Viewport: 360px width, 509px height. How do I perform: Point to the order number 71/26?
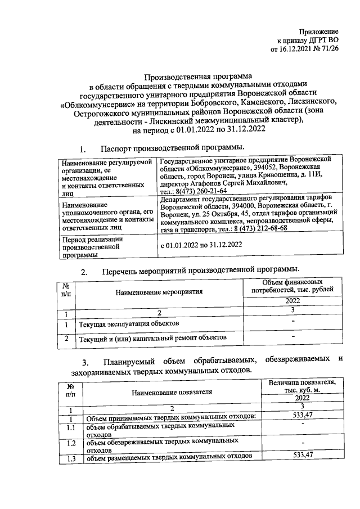pos(329,49)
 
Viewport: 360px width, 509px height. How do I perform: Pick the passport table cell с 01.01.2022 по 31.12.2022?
pos(201,245)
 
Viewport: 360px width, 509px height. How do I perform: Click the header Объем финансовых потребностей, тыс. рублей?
pos(292,285)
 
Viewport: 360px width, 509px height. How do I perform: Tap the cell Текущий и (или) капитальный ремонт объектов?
pos(152,339)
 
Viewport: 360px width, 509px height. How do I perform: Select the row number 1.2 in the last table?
pos(70,444)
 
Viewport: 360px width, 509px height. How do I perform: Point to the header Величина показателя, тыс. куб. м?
pos(302,386)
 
